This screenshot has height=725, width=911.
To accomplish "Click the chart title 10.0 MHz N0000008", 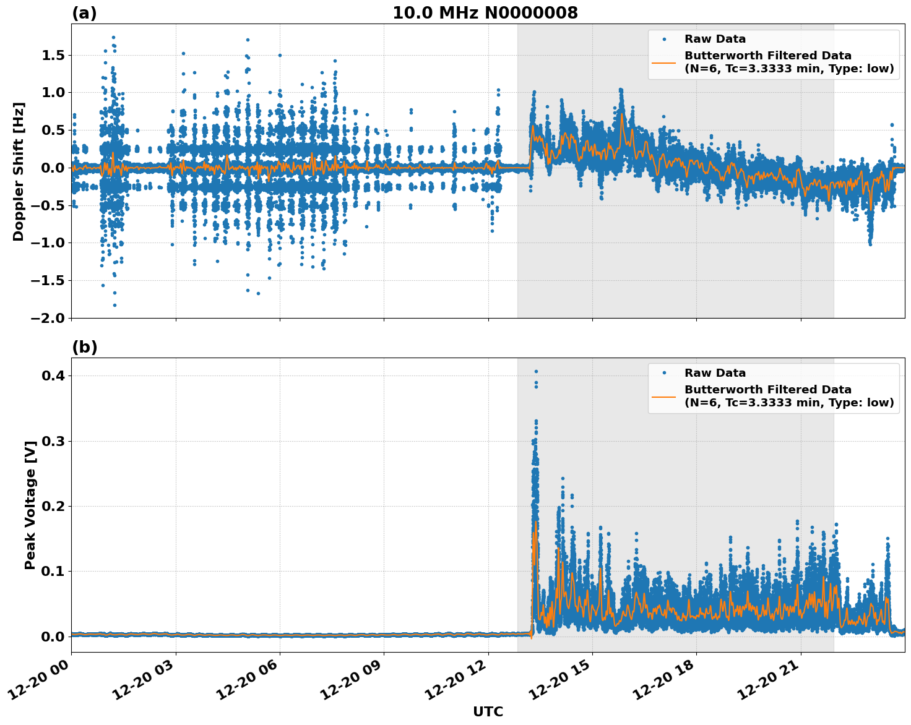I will pos(485,13).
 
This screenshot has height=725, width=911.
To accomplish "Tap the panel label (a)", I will pos(84,13).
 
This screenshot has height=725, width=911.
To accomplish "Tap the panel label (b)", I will pos(84,347).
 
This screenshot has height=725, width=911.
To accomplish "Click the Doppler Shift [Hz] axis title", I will pos(19,171).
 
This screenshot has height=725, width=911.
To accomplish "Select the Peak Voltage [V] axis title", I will pos(30,505).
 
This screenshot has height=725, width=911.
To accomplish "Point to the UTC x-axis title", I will pos(488,711).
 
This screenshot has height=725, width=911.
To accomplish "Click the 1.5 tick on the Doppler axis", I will pos(53,56).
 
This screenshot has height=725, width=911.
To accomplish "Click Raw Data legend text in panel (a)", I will pos(715,39).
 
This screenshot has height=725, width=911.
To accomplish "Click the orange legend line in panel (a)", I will pos(663,62).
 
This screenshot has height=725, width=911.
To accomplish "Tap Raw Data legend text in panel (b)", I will pos(715,373).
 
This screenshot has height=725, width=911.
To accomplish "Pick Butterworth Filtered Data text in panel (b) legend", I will pos(767,390).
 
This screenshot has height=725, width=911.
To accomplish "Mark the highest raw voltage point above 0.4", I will pos(536,372).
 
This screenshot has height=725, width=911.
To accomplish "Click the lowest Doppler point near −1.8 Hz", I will pos(114,305).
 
